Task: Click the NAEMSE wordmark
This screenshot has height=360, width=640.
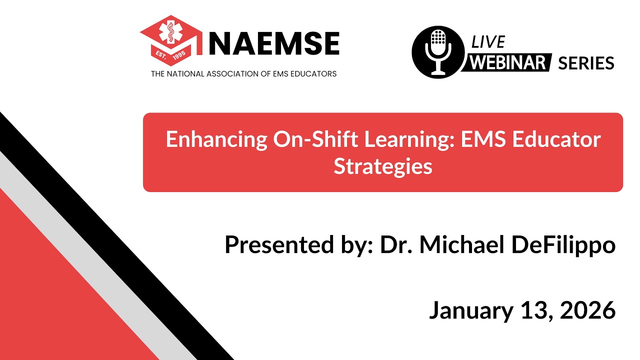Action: point(274,43)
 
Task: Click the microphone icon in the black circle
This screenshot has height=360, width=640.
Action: point(437,52)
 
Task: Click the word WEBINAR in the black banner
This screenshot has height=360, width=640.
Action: point(509,63)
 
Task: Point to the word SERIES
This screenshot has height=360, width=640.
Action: point(585,63)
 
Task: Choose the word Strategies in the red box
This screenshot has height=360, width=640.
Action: point(383,166)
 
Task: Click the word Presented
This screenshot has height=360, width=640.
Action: point(275,245)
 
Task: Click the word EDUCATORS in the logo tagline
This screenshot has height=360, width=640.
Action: point(313,74)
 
